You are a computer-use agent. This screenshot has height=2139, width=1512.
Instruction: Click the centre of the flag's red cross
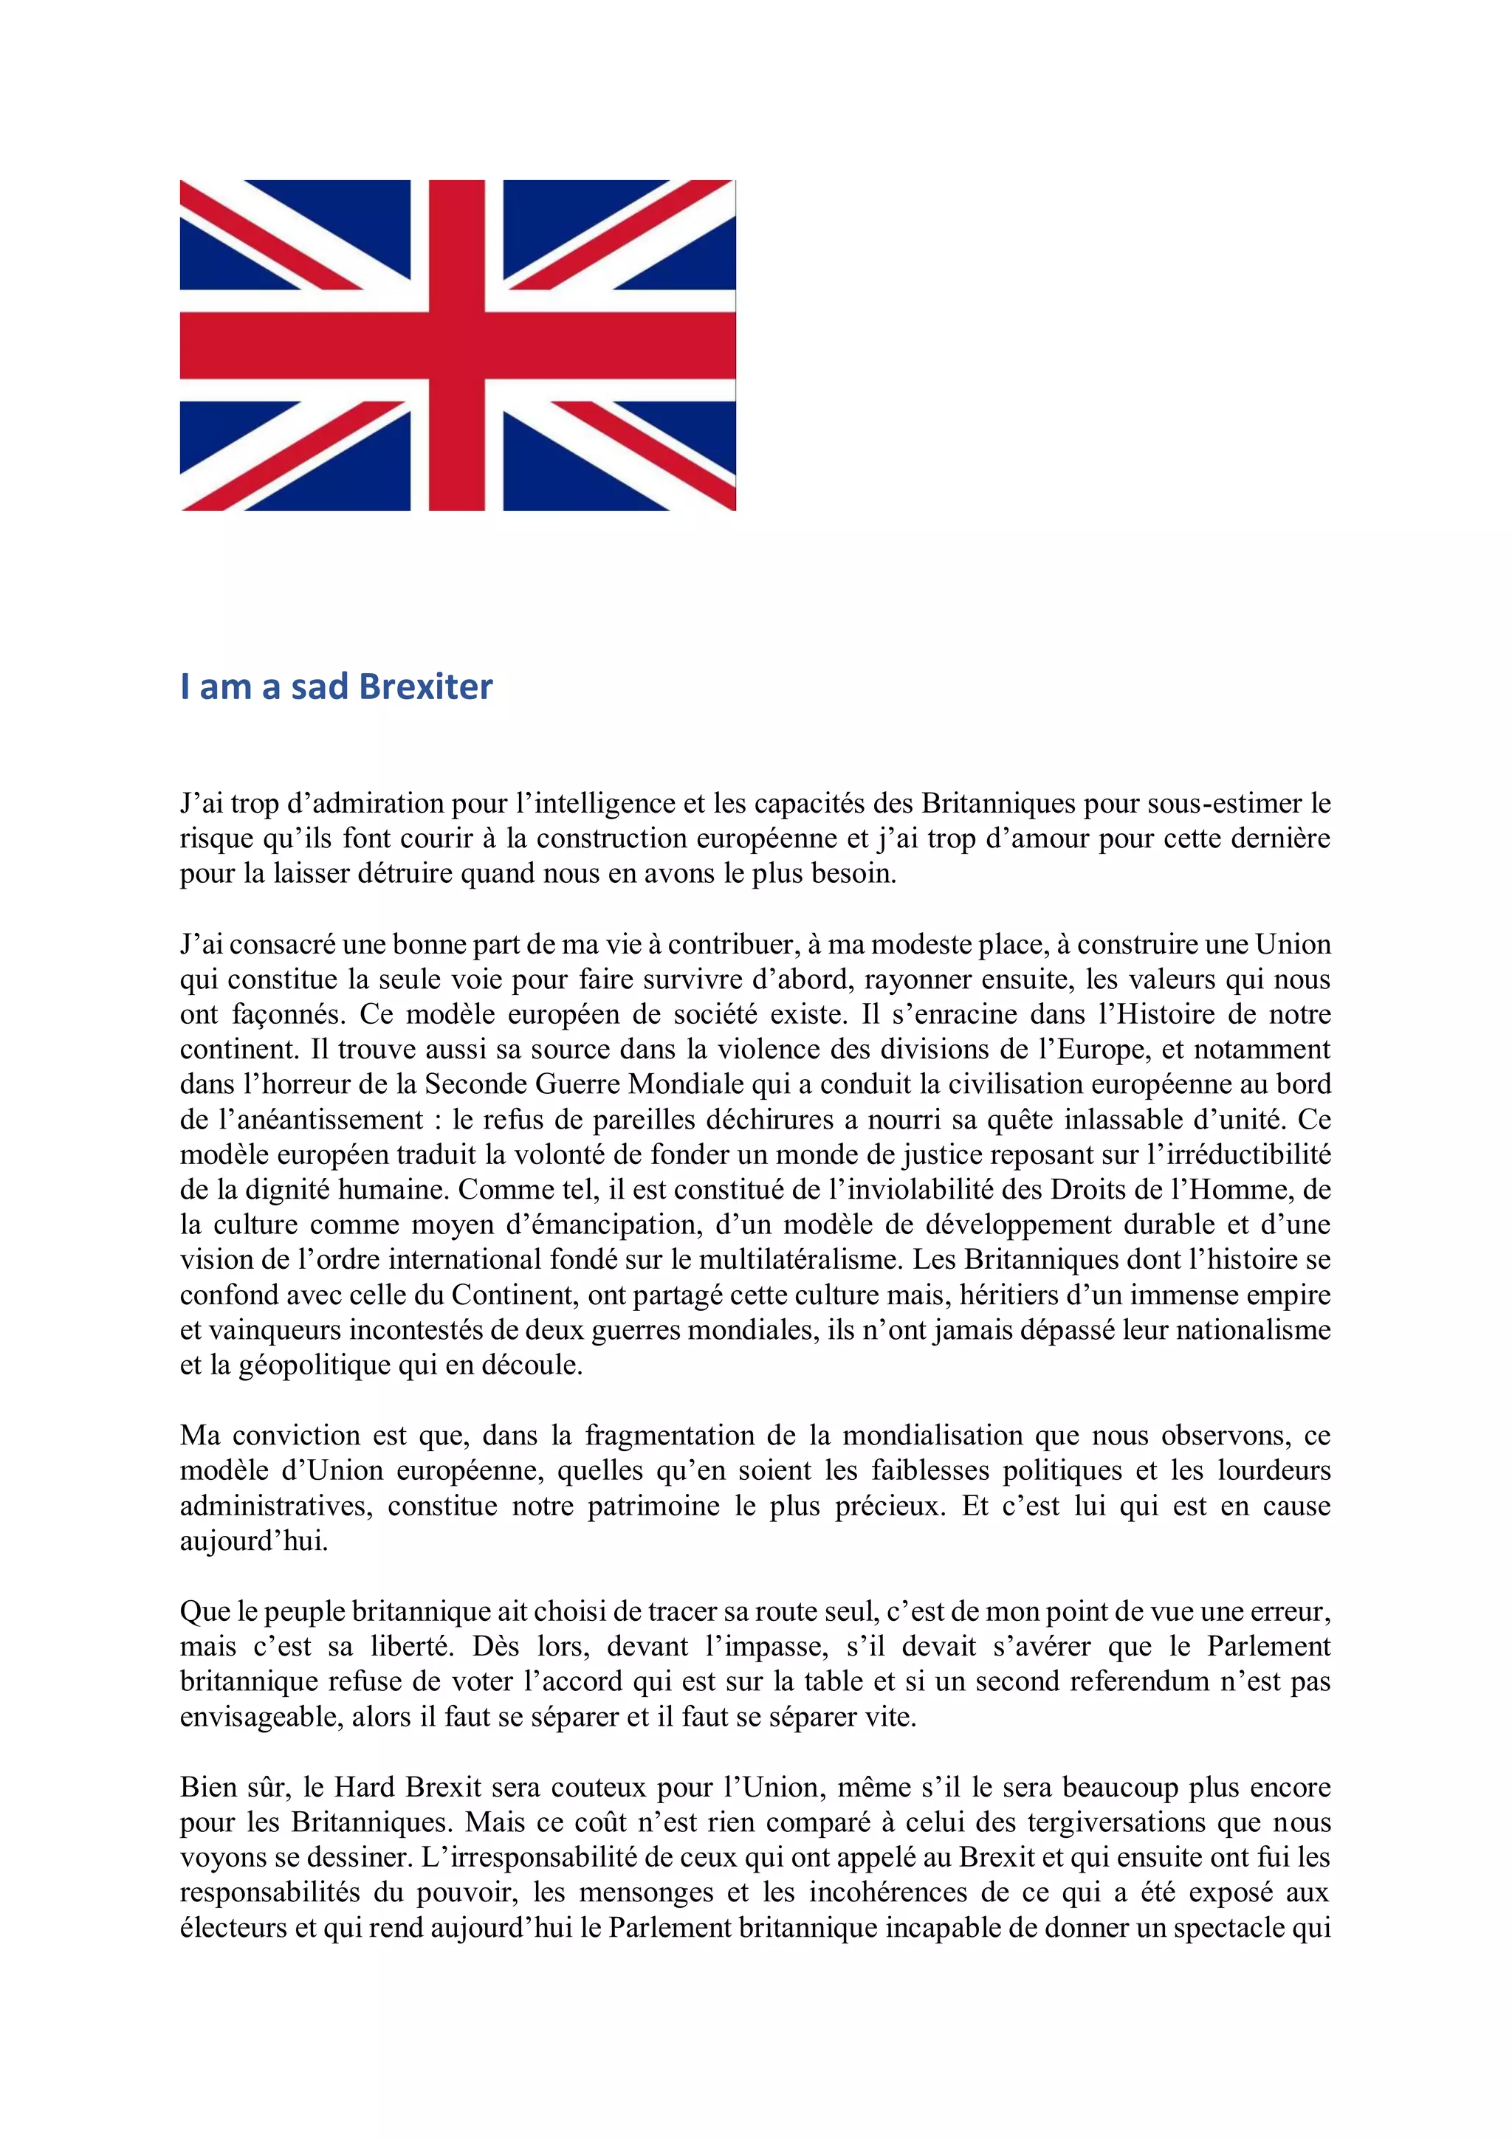[x=458, y=345]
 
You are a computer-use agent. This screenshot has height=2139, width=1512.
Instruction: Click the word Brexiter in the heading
[x=426, y=686]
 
